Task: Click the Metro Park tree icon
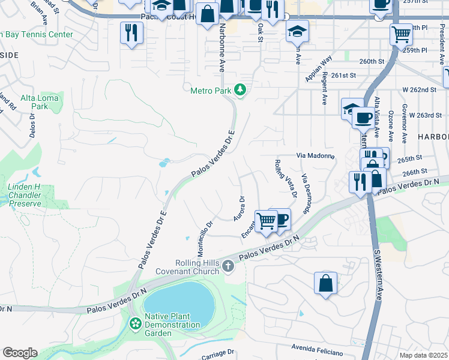(x=241, y=91)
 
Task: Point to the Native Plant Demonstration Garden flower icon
(x=136, y=324)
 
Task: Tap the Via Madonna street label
(x=315, y=155)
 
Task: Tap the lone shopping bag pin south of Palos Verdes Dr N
(x=325, y=283)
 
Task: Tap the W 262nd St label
(x=419, y=89)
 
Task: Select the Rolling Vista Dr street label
(x=286, y=178)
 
